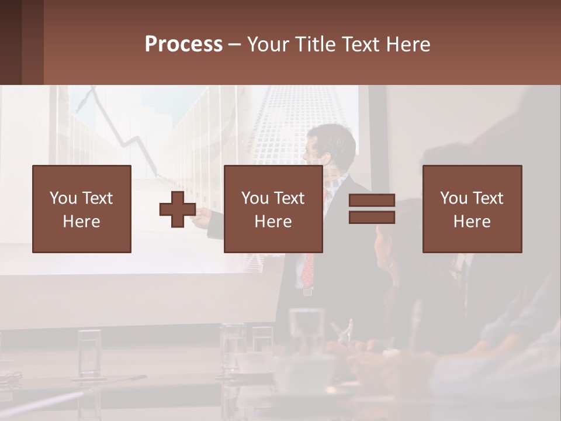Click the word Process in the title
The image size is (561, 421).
(183, 44)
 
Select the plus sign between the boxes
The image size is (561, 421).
(178, 209)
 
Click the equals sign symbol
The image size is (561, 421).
(372, 209)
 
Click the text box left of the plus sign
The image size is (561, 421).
(82, 209)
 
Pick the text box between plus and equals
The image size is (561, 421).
(273, 209)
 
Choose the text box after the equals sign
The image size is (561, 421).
(472, 209)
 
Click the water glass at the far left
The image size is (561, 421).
(89, 354)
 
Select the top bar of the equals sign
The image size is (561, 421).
(372, 201)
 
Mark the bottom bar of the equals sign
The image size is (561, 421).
(372, 217)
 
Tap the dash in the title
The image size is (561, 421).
(235, 44)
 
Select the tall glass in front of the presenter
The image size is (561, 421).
(306, 327)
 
